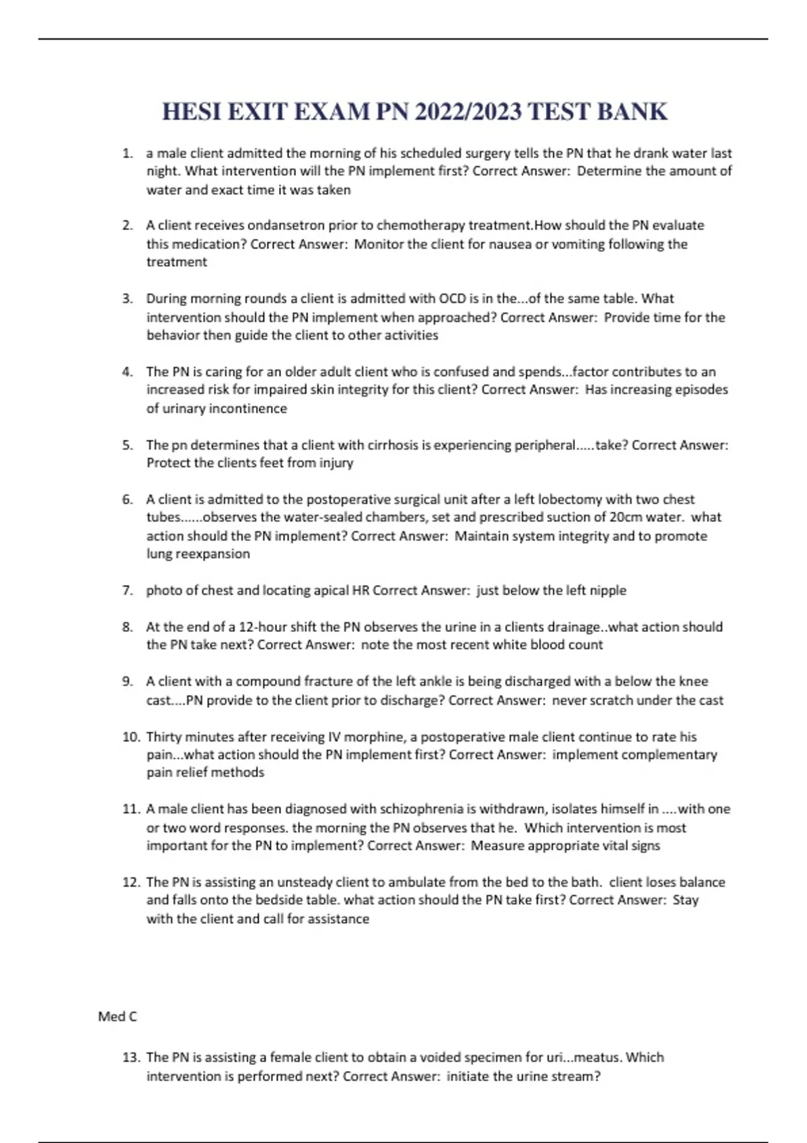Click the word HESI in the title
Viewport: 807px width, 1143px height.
coord(191,112)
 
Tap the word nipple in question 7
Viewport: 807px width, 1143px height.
coord(608,590)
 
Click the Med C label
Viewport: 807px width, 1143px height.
coord(117,1017)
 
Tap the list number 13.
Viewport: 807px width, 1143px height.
coord(131,1058)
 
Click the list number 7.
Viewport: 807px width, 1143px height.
coord(128,590)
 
